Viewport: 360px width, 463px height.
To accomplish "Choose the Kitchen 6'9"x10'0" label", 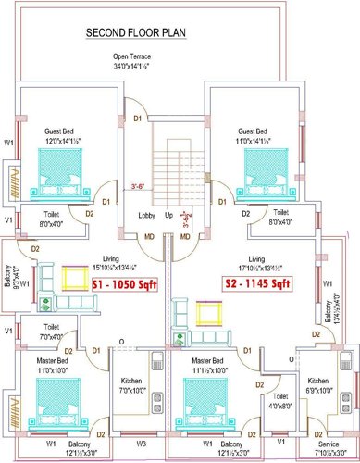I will tap(317, 385).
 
